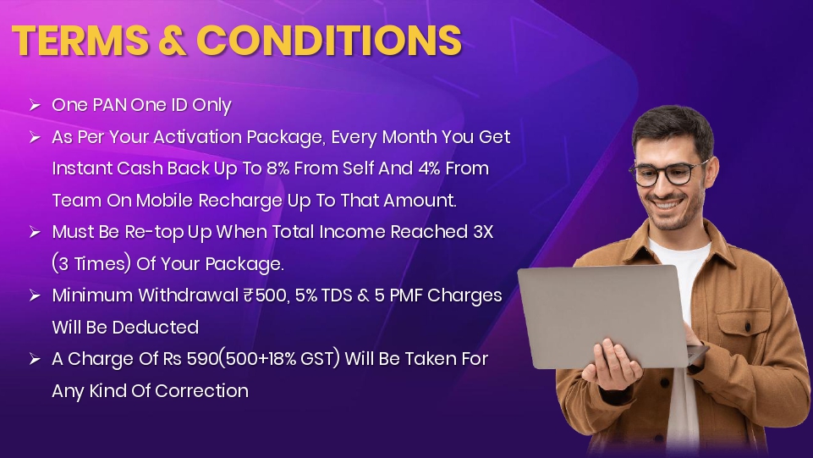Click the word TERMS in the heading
click(80, 40)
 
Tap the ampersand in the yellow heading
click(172, 40)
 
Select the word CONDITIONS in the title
click(329, 40)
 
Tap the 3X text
click(483, 232)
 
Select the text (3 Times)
click(91, 264)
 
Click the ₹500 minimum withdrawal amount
click(265, 295)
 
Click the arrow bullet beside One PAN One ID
click(35, 105)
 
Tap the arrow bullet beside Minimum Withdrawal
click(35, 295)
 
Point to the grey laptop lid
click(602, 317)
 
